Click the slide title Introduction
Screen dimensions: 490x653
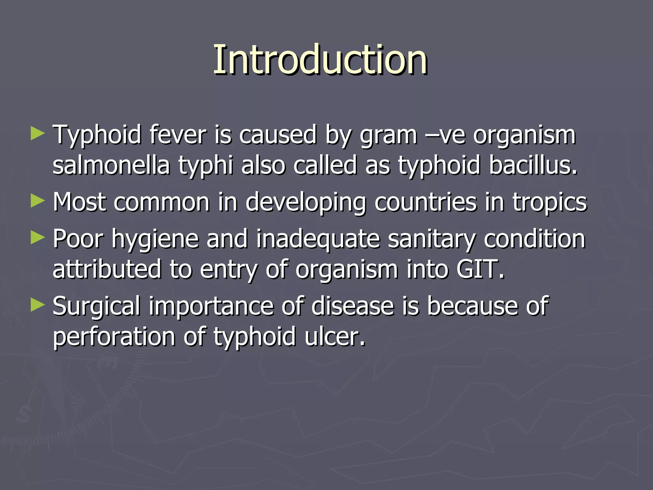320,60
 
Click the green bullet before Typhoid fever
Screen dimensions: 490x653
38,134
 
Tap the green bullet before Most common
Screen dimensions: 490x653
38,201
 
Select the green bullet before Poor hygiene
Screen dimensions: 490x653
38,238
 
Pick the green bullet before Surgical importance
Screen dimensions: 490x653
38,305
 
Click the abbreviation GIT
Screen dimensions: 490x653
480,269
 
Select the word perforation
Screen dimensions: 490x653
114,337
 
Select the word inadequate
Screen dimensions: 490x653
318,239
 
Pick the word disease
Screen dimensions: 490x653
352,306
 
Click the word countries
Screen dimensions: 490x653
425,202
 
